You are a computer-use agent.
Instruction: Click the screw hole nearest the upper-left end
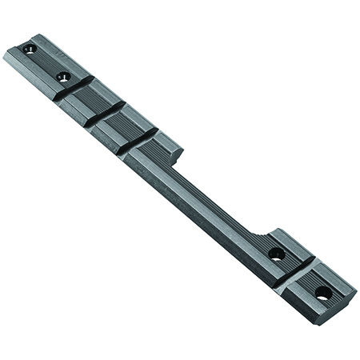(30, 49)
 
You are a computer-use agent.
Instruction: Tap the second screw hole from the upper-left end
(63, 77)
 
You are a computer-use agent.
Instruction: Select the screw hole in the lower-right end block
(322, 293)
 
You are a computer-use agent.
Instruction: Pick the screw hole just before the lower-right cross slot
(276, 254)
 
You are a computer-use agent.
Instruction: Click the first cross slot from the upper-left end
(74, 89)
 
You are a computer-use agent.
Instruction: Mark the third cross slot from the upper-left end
(138, 141)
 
